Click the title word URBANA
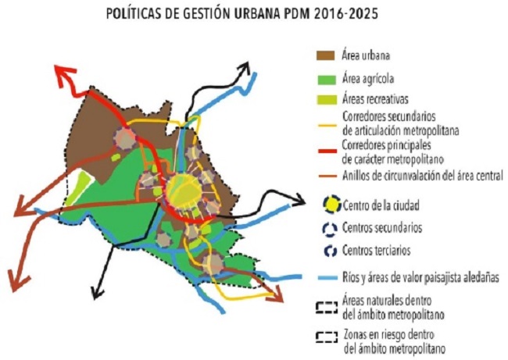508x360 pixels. point(275,13)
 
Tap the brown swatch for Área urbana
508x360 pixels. point(326,55)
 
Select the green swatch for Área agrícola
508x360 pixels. point(326,78)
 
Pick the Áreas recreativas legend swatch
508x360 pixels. point(326,100)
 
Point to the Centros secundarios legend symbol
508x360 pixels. point(327,229)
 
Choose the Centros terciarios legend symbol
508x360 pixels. point(327,251)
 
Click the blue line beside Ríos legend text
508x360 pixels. point(326,276)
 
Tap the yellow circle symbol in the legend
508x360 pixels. point(328,205)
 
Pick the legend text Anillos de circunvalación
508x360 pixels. point(421,175)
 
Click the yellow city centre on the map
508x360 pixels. point(184,187)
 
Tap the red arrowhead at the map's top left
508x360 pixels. point(61,72)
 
